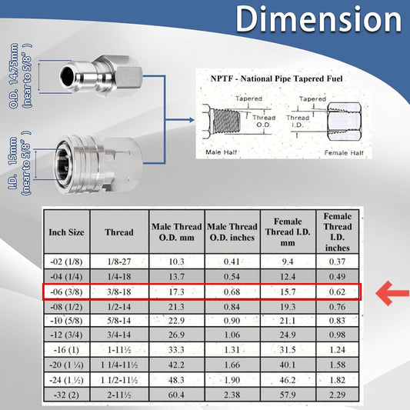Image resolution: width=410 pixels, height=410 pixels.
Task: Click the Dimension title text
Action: [318, 18]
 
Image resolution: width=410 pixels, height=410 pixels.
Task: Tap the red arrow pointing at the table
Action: [392, 293]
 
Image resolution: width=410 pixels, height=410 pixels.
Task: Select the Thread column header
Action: [119, 232]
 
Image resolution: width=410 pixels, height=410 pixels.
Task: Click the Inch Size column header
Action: [66, 232]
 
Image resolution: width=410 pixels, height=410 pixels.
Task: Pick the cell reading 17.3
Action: [176, 292]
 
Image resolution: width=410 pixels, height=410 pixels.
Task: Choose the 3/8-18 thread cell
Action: [119, 292]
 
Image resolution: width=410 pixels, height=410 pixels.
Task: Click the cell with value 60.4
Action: [176, 395]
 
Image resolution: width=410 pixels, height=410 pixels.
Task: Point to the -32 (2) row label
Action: [66, 395]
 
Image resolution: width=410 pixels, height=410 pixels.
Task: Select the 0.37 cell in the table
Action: [338, 262]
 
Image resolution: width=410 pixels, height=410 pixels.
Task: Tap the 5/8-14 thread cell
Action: [119, 321]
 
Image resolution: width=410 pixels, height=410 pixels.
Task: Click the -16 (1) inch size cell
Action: [66, 350]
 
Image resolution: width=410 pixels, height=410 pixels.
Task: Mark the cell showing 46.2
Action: [288, 380]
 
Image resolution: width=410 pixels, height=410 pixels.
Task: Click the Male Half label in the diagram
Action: [222, 152]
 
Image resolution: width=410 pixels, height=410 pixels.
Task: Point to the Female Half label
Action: [344, 153]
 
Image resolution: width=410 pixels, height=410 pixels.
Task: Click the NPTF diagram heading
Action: [277, 78]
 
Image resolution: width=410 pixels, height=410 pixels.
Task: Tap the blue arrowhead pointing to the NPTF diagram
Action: [192, 120]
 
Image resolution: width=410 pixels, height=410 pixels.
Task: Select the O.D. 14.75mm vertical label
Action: [14, 76]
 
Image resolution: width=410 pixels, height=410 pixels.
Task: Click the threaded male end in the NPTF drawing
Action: [226, 121]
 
